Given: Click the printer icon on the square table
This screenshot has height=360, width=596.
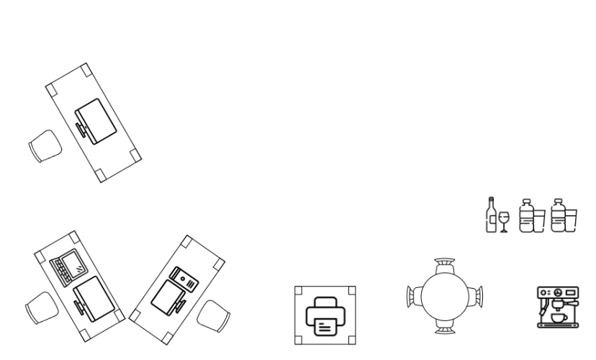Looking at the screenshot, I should pos(325,315).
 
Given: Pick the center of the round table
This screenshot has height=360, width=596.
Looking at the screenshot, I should pos(445,296).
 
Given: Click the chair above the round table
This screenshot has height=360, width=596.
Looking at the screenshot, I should pos(445,262).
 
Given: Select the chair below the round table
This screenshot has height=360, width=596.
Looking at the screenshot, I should pos(445,330).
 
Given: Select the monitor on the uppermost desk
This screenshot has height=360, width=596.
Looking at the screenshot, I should pos(96,120).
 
